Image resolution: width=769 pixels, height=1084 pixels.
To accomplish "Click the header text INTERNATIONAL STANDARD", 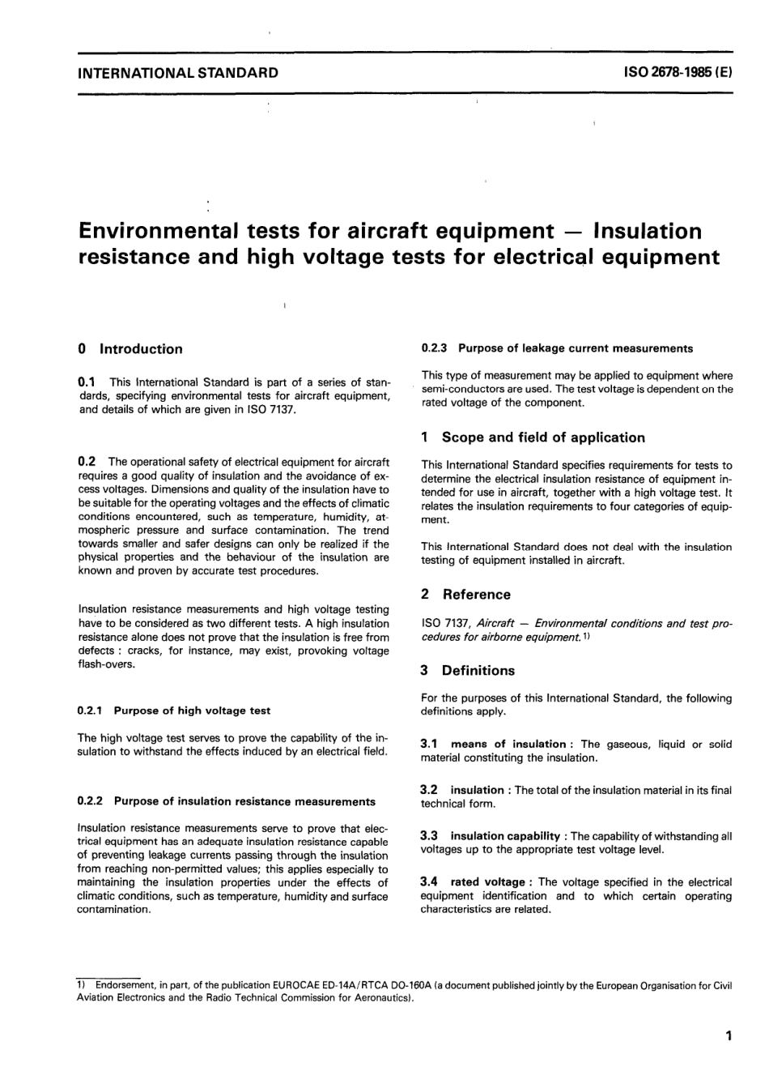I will tap(177, 73).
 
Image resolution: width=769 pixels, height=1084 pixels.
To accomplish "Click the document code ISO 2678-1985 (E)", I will tap(678, 73).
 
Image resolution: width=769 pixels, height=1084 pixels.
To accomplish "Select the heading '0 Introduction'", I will tap(130, 349).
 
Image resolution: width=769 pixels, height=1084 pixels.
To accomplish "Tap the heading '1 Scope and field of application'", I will tap(533, 437).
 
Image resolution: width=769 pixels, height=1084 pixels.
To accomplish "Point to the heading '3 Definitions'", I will tap(468, 671).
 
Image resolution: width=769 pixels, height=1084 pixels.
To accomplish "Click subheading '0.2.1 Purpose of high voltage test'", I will tap(173, 711).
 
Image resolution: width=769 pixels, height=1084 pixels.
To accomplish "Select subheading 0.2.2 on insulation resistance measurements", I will tap(226, 801).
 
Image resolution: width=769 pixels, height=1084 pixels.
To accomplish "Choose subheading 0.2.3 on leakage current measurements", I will tap(557, 348).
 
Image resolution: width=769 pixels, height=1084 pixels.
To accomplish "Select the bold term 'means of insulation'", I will tap(508, 744).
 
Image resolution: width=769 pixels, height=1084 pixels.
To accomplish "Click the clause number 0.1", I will tap(87, 382).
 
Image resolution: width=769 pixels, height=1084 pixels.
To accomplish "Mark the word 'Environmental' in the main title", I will tap(158, 231).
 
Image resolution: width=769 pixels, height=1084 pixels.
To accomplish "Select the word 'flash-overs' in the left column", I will tap(107, 664).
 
